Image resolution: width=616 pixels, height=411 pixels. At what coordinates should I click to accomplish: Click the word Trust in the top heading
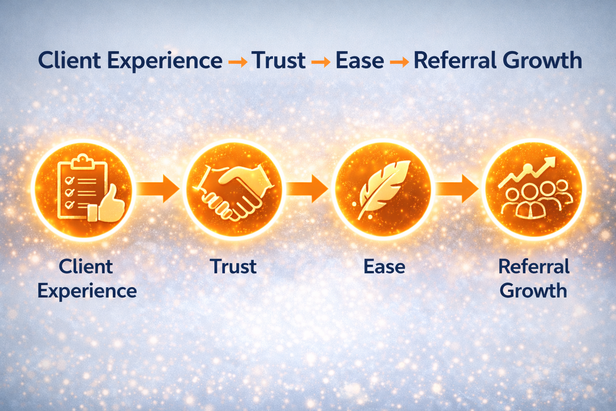point(279,61)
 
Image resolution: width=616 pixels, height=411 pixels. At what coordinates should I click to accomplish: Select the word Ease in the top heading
point(359,61)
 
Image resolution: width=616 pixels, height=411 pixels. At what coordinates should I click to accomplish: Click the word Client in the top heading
point(69,61)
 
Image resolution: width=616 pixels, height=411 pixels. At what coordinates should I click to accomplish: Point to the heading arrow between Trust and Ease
point(320,62)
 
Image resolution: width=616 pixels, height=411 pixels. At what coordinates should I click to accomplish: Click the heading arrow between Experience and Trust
point(237,62)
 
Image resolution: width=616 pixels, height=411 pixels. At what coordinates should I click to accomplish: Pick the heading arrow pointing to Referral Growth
point(399,62)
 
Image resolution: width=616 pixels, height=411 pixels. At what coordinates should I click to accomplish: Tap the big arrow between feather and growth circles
point(457,188)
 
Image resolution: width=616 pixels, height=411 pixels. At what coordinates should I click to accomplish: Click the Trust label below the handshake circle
point(233,267)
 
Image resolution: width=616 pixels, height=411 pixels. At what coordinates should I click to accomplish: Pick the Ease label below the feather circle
point(384,267)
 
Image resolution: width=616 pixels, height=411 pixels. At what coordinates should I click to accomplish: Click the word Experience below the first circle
point(87,291)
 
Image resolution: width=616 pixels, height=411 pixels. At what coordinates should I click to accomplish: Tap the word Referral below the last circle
point(534,267)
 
